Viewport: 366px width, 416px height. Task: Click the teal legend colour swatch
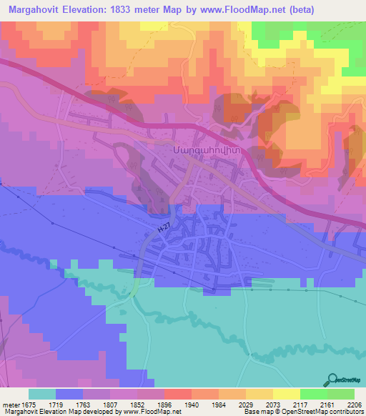[41, 394]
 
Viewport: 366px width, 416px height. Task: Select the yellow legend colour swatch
[286, 394]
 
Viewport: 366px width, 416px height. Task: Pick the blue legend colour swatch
[69, 394]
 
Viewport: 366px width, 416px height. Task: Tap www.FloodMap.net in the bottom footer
[151, 412]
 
